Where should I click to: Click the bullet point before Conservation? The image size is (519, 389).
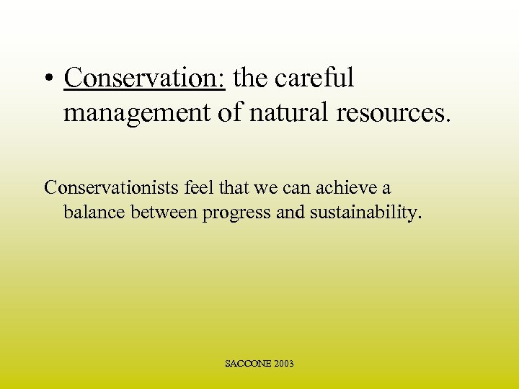click(48, 80)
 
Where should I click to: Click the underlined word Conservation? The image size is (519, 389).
click(145, 79)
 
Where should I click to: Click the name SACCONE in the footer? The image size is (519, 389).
click(247, 364)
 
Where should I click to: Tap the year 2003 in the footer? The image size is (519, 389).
click(283, 364)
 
